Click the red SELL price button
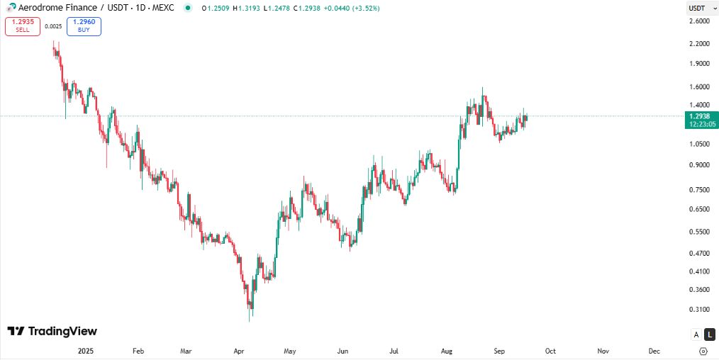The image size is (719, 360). [x=22, y=26]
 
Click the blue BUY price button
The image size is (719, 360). [x=84, y=26]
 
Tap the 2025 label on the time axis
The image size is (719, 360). [x=85, y=351]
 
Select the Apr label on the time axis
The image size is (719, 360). [x=239, y=351]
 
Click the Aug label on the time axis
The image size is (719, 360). [x=447, y=351]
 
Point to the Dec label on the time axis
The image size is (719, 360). [x=654, y=351]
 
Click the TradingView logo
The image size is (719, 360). [x=52, y=331]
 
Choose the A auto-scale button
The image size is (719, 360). [x=696, y=334]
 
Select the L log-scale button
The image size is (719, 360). [x=709, y=334]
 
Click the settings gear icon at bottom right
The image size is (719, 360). [x=703, y=351]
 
